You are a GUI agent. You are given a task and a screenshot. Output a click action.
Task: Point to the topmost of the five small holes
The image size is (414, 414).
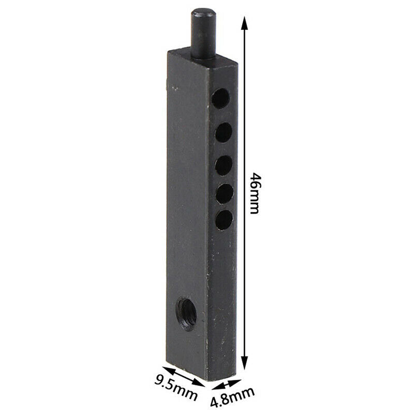221,97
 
